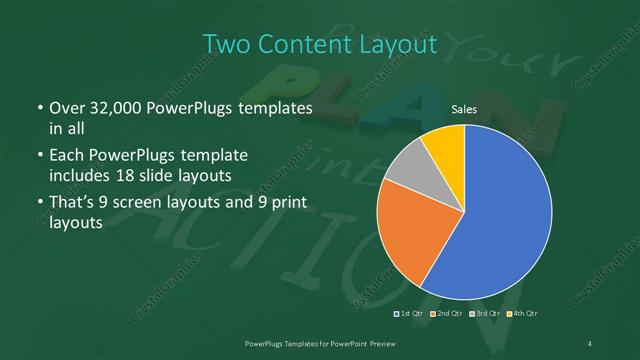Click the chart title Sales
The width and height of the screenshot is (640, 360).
[x=463, y=109]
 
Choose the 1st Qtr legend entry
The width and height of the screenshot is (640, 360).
[x=410, y=314]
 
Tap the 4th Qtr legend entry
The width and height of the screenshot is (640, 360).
[x=522, y=314]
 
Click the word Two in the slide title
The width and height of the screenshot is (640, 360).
[x=225, y=44]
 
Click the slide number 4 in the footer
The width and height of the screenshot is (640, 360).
[x=591, y=343]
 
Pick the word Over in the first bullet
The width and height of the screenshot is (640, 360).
[x=66, y=108]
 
